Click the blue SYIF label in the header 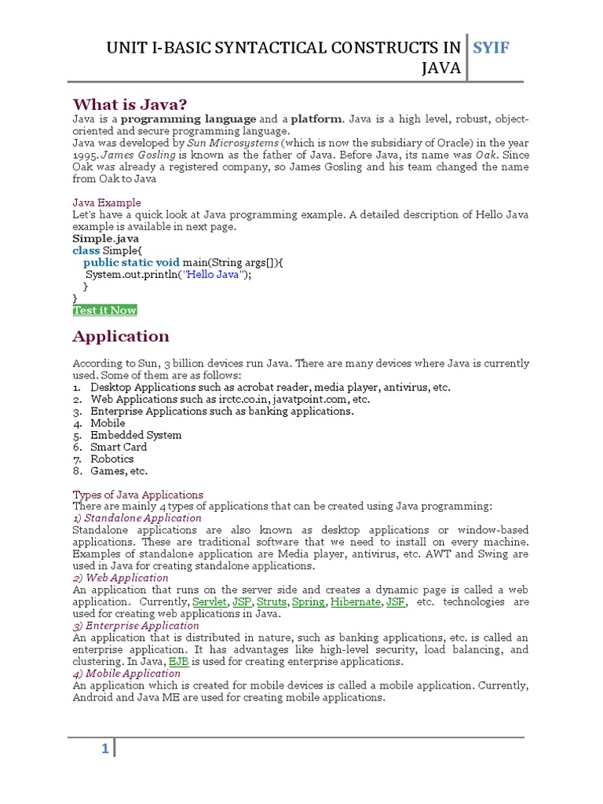click(492, 49)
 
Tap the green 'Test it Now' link click(104, 310)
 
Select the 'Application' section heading click(121, 336)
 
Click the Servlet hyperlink click(209, 602)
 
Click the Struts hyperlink click(272, 602)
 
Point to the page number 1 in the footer click(104, 749)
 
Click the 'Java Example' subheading click(107, 203)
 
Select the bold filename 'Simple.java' click(106, 239)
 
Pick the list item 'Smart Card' click(119, 447)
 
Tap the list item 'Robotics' click(112, 459)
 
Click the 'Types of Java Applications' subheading click(138, 495)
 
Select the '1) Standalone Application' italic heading click(137, 518)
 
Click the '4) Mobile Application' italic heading click(126, 674)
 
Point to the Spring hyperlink click(309, 602)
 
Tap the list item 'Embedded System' click(136, 435)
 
